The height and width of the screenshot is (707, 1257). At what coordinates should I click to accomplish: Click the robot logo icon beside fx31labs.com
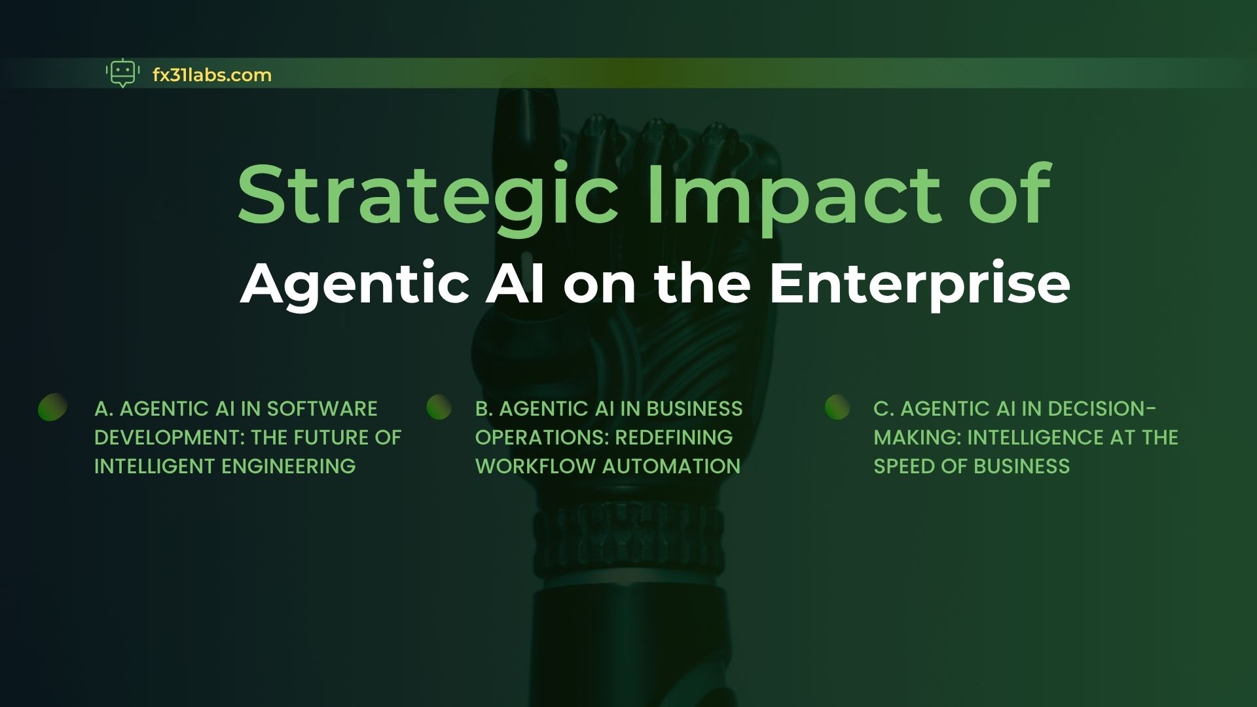(122, 74)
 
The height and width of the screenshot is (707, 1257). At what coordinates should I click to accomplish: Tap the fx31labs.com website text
(211, 75)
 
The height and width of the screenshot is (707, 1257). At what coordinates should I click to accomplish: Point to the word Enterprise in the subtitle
(920, 286)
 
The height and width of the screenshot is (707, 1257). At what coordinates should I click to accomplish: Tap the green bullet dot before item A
(52, 407)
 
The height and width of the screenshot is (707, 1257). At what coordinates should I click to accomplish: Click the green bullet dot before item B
(439, 407)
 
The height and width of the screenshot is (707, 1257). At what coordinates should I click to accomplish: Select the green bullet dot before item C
(837, 407)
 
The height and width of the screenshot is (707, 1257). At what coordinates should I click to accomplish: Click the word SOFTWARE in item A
(322, 408)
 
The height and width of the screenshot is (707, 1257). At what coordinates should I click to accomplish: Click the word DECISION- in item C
(1102, 408)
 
